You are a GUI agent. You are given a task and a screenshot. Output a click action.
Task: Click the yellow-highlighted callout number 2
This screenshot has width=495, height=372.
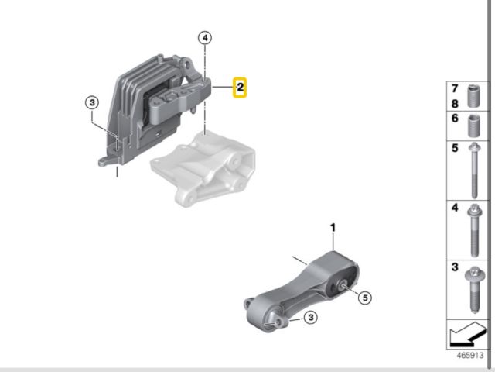241,88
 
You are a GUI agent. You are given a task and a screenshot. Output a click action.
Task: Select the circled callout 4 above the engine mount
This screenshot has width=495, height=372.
204,37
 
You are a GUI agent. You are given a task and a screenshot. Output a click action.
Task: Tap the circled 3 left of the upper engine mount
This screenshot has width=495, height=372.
91,102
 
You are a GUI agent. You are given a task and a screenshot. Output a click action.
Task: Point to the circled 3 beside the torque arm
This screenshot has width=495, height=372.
309,317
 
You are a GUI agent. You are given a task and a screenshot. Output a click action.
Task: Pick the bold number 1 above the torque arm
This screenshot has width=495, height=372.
333,228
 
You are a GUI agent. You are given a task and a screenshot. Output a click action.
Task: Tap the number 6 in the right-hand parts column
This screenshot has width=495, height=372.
456,119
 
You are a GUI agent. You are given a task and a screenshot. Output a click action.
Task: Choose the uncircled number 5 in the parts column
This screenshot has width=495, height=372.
456,148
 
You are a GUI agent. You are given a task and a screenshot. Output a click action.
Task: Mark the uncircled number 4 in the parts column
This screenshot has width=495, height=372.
456,208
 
